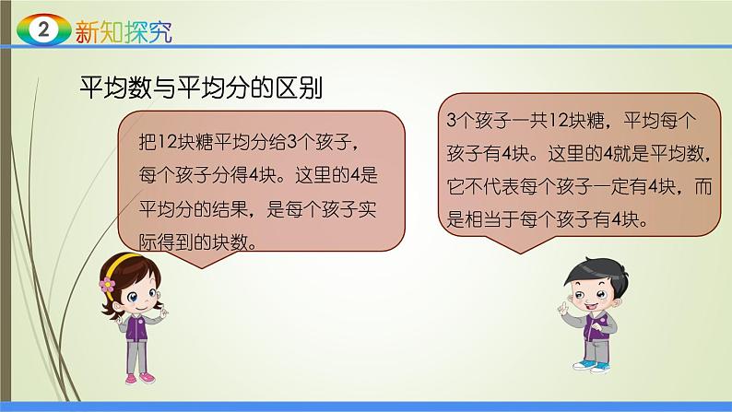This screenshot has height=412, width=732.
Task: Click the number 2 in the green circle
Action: (x=41, y=31)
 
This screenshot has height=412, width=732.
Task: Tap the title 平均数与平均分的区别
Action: (x=204, y=89)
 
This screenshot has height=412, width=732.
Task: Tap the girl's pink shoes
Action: (x=138, y=377)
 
